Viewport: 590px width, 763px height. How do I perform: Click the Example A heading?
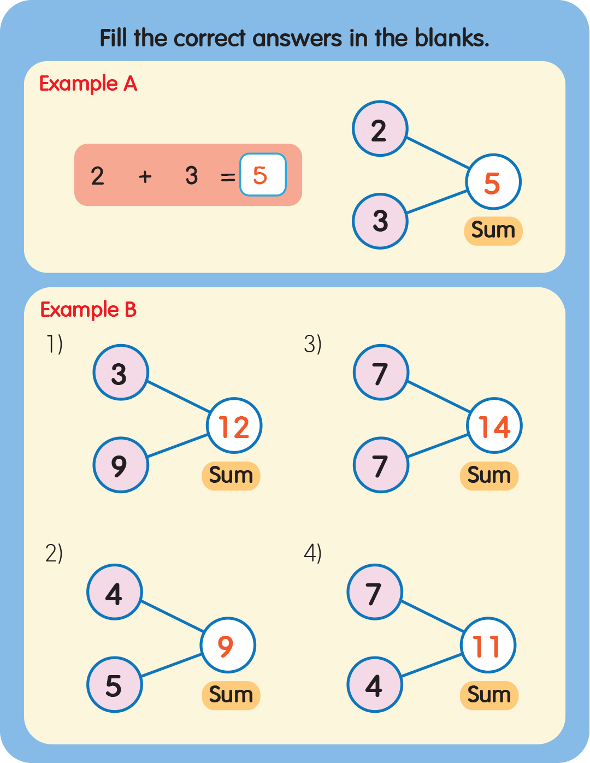click(88, 84)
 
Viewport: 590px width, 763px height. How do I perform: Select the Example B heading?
click(88, 310)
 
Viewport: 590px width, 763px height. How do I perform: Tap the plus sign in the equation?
click(145, 176)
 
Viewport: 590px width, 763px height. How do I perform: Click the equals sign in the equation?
click(227, 176)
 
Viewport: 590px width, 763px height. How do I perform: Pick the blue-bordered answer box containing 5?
click(263, 175)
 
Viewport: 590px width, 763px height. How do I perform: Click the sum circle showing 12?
click(234, 426)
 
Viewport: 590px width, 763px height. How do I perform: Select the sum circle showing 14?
click(494, 426)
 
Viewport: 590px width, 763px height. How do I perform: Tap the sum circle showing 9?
click(228, 646)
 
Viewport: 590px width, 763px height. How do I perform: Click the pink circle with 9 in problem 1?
click(120, 465)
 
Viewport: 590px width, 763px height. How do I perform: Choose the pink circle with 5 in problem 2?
click(114, 685)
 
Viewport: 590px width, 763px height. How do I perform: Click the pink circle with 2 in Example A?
click(380, 129)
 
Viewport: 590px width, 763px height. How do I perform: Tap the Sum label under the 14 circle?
click(489, 476)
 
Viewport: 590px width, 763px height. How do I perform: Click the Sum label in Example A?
click(493, 230)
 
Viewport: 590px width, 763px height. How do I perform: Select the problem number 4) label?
click(312, 553)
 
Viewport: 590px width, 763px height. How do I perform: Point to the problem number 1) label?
click(54, 344)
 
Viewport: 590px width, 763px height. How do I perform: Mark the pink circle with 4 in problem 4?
click(374, 685)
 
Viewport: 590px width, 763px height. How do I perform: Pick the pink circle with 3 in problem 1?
click(120, 373)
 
